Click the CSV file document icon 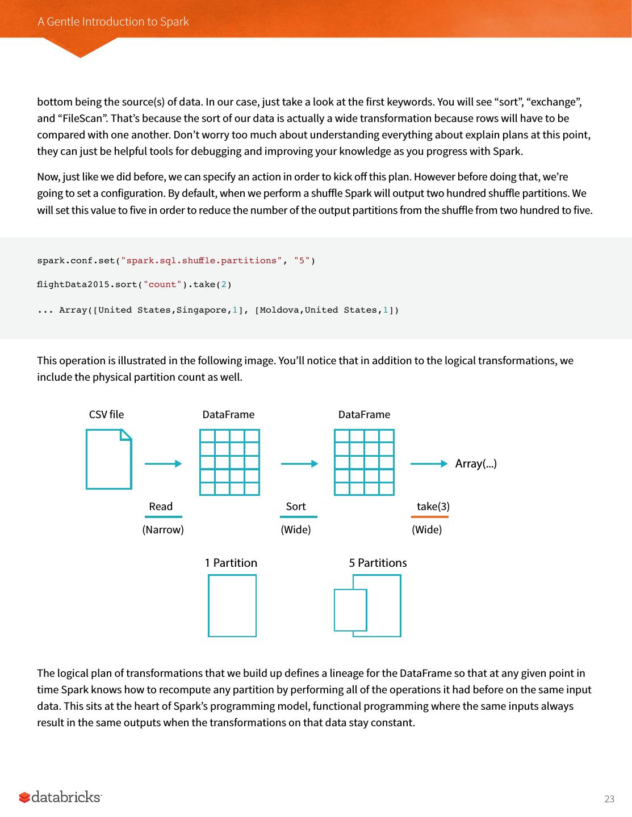(108, 459)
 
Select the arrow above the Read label (163, 464)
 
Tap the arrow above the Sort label (299, 464)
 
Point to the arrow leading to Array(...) (429, 464)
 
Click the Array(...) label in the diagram (476, 464)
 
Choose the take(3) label (433, 506)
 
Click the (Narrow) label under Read (163, 529)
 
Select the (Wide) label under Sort (296, 529)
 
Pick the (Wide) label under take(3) (426, 529)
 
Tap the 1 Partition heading (231, 563)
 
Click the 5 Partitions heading (378, 563)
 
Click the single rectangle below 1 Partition (232, 605)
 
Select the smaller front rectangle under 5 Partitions (350, 610)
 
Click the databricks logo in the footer (60, 797)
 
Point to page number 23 (609, 799)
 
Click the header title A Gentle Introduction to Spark (113, 22)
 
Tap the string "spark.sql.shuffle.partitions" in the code (201, 260)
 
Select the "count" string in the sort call (162, 284)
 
